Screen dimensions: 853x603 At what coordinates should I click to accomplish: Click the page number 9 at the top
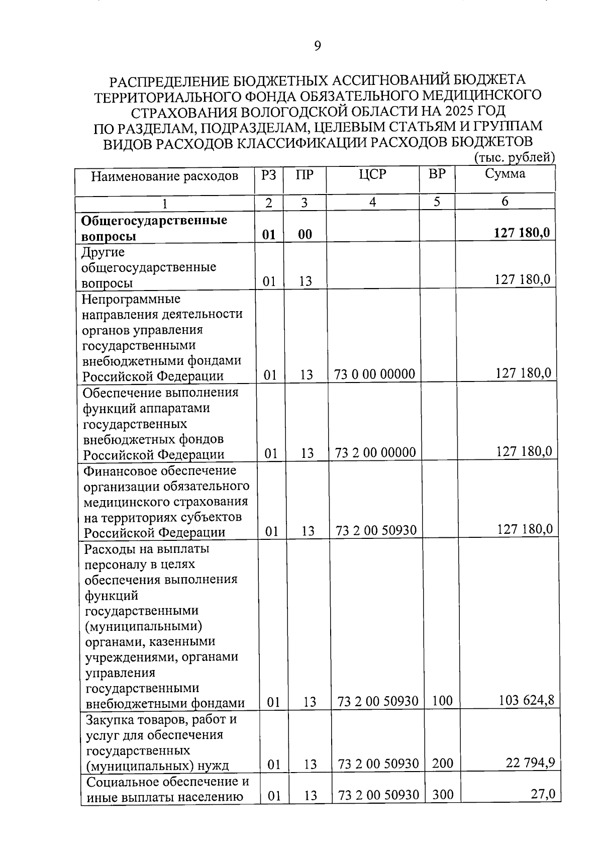(317, 46)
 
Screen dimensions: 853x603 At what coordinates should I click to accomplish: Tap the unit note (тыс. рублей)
(514, 158)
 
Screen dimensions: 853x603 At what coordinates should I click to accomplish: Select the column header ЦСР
(372, 174)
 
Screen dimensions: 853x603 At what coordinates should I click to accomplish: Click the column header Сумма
(505, 174)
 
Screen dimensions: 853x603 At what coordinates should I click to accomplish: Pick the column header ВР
(437, 174)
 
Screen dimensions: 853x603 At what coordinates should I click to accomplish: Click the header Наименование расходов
(164, 176)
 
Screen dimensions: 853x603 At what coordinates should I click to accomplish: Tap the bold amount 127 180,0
(522, 233)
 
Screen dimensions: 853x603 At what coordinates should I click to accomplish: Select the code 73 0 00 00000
(375, 374)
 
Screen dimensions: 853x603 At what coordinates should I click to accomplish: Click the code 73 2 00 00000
(375, 452)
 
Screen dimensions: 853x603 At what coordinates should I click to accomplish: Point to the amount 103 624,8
(526, 700)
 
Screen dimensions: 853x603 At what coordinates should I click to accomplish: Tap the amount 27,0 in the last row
(543, 794)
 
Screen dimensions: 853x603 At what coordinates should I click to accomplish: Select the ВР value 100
(442, 701)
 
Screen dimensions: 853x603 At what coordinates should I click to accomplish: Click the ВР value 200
(443, 764)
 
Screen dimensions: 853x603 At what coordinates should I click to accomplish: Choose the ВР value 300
(443, 794)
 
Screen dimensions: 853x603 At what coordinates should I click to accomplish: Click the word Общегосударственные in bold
(154, 220)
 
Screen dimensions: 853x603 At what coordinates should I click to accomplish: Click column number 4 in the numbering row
(372, 202)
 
